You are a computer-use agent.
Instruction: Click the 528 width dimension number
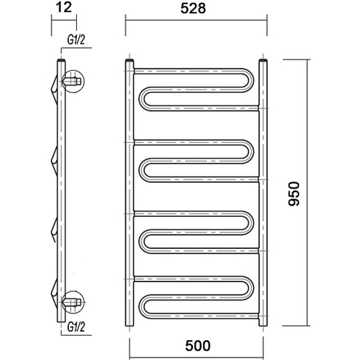click(193, 9)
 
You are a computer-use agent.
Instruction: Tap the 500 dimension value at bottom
click(198, 346)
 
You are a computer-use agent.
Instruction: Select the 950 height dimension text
click(294, 194)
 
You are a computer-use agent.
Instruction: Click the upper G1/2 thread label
click(76, 40)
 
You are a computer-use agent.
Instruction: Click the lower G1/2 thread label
click(76, 327)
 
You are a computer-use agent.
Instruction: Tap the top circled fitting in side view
click(73, 81)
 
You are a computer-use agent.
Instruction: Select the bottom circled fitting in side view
click(73, 302)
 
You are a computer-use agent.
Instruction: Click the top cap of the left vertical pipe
click(130, 61)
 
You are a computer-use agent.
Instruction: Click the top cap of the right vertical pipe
click(263, 61)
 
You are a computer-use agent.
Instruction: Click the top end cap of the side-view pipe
click(61, 61)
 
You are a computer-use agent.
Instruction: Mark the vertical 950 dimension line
click(307, 193)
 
